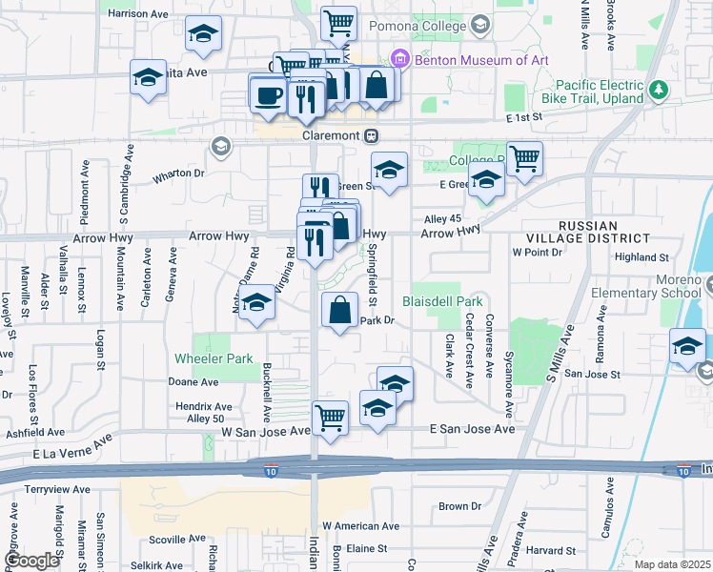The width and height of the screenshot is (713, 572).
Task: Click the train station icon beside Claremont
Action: click(x=373, y=135)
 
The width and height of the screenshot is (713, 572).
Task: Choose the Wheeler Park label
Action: click(x=214, y=358)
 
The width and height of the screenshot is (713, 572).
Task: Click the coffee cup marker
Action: click(x=267, y=94)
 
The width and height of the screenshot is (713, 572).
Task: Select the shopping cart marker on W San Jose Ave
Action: click(x=330, y=418)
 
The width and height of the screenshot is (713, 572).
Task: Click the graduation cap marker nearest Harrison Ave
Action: click(x=201, y=34)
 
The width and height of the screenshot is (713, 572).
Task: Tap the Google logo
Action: click(x=31, y=560)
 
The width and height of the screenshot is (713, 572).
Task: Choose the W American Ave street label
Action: click(x=360, y=525)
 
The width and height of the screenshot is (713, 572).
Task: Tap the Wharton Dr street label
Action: click(x=178, y=174)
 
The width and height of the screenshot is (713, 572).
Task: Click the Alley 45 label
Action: click(x=442, y=218)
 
